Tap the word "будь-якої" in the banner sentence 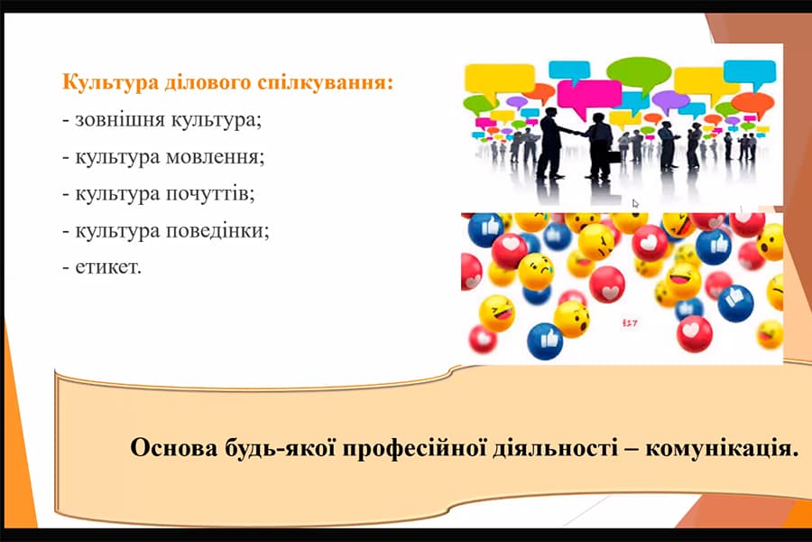274,449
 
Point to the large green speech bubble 638,70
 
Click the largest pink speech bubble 589,93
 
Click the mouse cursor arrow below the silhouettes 636,203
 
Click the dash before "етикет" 66,266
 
